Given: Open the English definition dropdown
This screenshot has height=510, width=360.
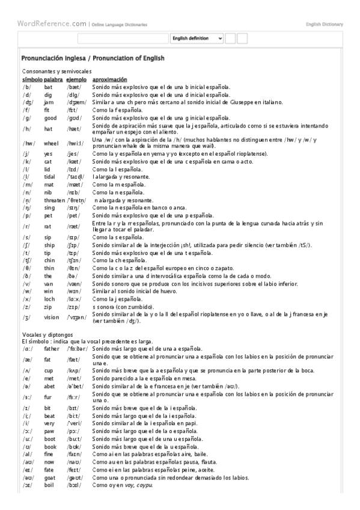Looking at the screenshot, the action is point(197,38).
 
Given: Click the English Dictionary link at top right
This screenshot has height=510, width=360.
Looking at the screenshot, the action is point(324,25).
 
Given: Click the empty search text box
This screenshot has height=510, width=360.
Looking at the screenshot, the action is point(123,38).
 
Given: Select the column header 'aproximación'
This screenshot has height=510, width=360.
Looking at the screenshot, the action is point(109,79).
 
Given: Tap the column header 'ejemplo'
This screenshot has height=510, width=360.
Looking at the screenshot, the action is point(76,79).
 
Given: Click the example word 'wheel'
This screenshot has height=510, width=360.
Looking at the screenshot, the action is point(51,143).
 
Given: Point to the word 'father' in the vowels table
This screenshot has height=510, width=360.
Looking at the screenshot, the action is point(52,348).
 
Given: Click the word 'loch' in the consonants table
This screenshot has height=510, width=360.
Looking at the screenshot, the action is point(50,298).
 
